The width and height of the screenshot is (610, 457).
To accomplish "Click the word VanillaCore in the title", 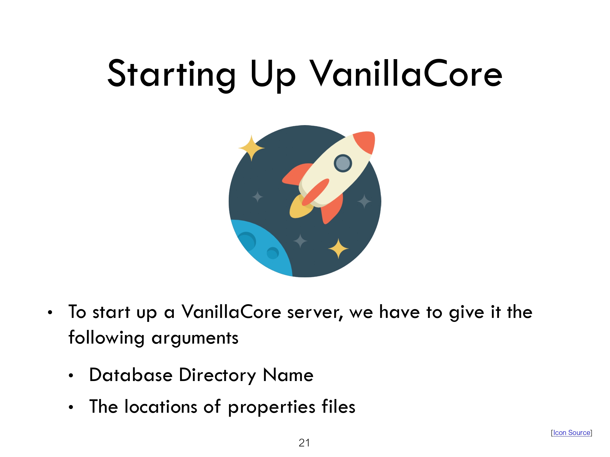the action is coord(406,73).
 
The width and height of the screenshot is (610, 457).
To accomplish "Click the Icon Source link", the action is coord(572,433).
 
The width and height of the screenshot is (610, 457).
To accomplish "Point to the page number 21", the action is coord(304,443).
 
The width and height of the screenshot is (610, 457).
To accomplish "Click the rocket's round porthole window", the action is coord(343,163).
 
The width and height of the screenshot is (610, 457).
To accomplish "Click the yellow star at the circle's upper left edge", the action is coord(252,148).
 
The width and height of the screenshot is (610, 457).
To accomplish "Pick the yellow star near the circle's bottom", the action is coord(338,248).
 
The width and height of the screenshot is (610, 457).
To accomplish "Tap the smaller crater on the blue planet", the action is coord(273,253).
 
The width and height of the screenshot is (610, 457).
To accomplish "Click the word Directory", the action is coord(218,375).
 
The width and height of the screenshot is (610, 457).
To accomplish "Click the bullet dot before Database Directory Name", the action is coord(71,376).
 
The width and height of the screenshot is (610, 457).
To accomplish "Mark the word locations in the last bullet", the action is coord(161,406).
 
